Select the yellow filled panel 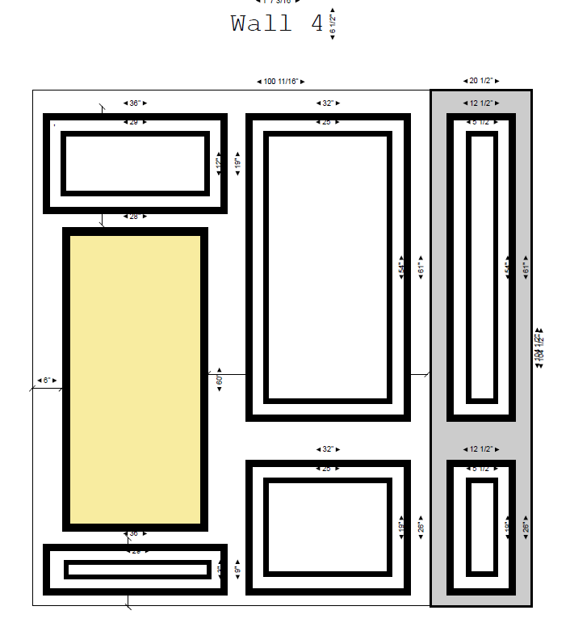tap(135, 379)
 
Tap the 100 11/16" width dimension tap(280, 82)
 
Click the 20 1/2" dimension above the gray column tap(480, 81)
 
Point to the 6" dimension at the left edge tap(47, 380)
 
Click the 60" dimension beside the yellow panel tap(219, 380)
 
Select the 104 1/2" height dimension tap(539, 348)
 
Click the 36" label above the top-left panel tap(135, 103)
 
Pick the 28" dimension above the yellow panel tap(135, 217)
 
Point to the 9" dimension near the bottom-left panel tap(237, 570)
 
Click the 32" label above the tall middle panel tap(326, 103)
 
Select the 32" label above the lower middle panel tap(326, 448)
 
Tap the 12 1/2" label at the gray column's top tap(480, 103)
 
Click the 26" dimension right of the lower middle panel tap(420, 527)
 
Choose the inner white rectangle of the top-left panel tap(135, 163)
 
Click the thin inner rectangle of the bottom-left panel tap(138, 570)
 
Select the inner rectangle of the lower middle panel tap(328, 528)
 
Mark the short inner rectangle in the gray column tap(481, 527)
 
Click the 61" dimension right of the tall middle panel tap(420, 269)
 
